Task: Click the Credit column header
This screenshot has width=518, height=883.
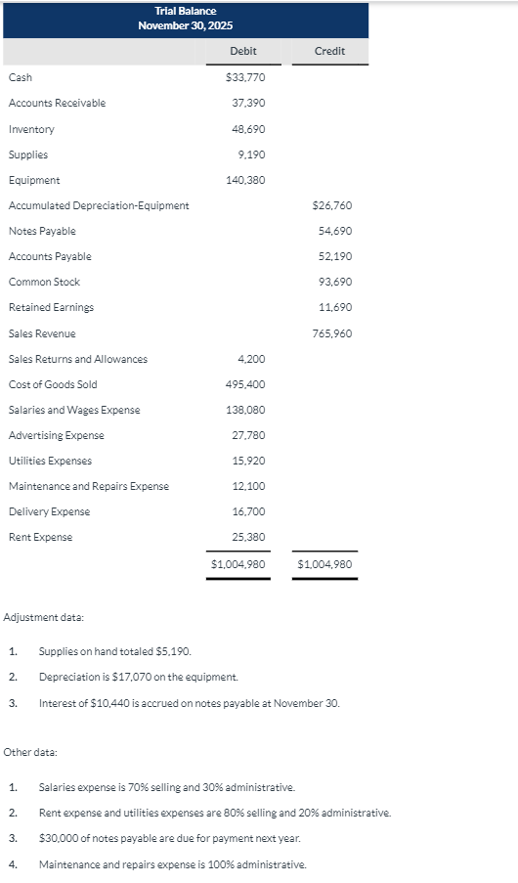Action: pyautogui.click(x=329, y=51)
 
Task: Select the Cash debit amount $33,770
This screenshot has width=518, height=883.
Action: pyautogui.click(x=245, y=77)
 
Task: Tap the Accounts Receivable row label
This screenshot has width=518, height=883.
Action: pyautogui.click(x=57, y=103)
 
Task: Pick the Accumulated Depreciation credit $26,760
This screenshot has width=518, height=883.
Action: pyautogui.click(x=331, y=205)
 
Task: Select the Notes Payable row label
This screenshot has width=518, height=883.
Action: pyautogui.click(x=42, y=231)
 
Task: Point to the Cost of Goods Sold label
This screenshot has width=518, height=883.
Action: pyautogui.click(x=53, y=384)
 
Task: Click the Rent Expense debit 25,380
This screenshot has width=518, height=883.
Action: pyautogui.click(x=248, y=537)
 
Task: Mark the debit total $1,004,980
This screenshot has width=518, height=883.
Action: pyautogui.click(x=238, y=564)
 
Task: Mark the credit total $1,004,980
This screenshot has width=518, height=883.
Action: pyautogui.click(x=324, y=564)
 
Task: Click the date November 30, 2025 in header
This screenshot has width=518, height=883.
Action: pyautogui.click(x=186, y=25)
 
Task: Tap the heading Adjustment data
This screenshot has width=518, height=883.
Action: pyautogui.click(x=44, y=617)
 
